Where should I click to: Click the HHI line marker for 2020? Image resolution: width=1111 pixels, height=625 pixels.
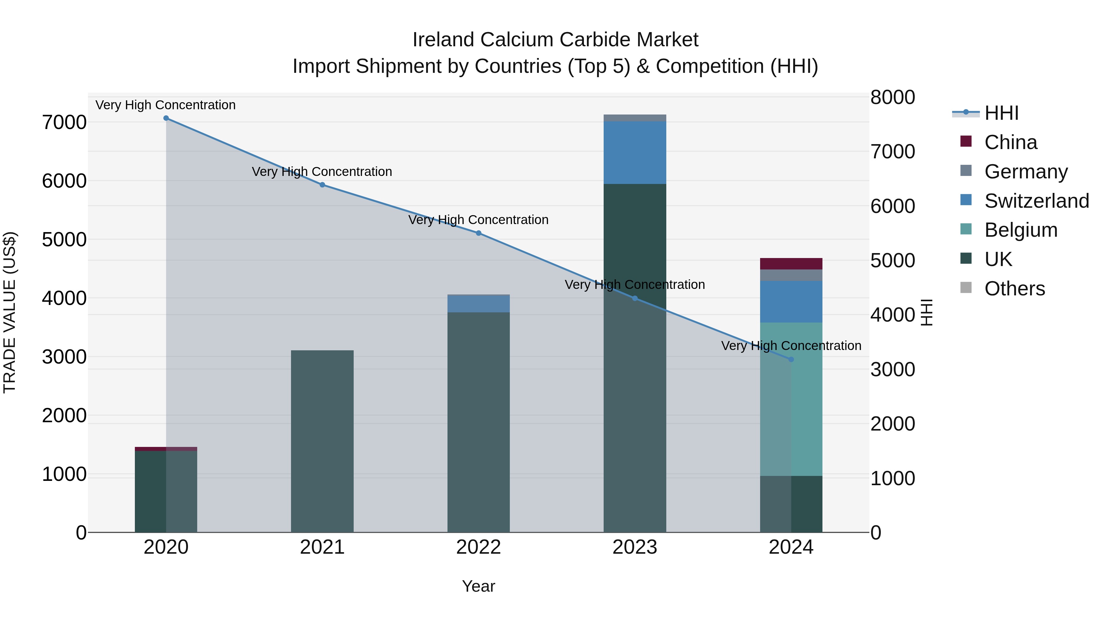coord(166,118)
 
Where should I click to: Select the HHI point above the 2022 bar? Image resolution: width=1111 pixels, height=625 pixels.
coord(478,233)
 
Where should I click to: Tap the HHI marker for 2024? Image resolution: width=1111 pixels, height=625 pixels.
coord(791,359)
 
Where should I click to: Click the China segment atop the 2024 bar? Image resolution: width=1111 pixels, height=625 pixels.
coord(791,264)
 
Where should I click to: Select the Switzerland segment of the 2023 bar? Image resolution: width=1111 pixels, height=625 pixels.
coord(635,152)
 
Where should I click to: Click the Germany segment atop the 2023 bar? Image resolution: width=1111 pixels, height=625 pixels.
coord(635,118)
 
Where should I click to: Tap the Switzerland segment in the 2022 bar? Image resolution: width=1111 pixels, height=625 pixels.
coord(478,303)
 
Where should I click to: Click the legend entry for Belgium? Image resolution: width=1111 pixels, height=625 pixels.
coord(1021,230)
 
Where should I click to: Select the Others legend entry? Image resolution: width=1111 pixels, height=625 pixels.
coord(1014,289)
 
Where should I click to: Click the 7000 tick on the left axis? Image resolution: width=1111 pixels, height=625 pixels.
coord(64,123)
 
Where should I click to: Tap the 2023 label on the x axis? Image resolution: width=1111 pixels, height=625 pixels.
coord(635,547)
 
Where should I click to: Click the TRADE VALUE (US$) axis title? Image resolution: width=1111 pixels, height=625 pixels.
coord(10,312)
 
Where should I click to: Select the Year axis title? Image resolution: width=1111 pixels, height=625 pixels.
coord(478,586)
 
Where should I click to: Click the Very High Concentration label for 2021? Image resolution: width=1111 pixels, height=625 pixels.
coord(322,172)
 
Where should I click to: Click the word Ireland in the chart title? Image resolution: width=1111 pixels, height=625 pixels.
coord(444,40)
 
